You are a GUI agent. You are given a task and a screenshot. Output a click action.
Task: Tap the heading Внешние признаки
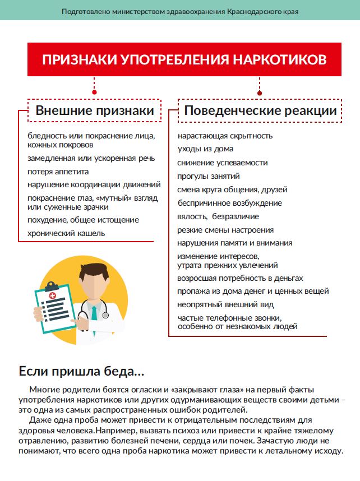[95, 111]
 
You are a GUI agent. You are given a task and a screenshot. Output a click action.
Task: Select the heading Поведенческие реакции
[260, 111]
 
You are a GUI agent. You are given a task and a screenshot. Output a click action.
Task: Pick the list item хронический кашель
[66, 233]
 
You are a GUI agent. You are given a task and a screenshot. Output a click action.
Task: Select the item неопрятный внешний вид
[225, 304]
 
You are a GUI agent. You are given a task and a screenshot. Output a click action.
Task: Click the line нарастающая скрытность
[225, 136]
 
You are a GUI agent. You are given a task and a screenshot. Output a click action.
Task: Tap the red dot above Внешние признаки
[94, 93]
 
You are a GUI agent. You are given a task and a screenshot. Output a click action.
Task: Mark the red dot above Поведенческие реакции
[260, 93]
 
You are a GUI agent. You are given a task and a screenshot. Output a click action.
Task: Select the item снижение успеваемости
[223, 163]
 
